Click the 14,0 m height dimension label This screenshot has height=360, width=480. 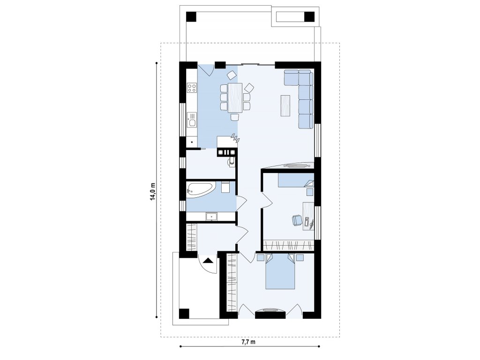pyautogui.click(x=152, y=191)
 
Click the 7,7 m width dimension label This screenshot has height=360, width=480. pyautogui.click(x=248, y=342)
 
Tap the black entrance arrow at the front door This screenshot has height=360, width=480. pyautogui.click(x=208, y=261)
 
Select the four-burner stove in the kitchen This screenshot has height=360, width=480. pyautogui.click(x=192, y=88)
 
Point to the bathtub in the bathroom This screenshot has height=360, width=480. pyautogui.click(x=202, y=189)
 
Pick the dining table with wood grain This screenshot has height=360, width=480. pyautogui.click(x=235, y=97)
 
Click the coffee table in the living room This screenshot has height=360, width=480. pyautogui.click(x=285, y=105)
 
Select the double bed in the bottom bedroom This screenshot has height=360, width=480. pyautogui.click(x=280, y=271)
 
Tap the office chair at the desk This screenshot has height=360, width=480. pyautogui.click(x=297, y=220)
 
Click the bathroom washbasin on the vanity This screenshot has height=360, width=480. pyautogui.click(x=211, y=217)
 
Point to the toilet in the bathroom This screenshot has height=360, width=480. pyautogui.click(x=225, y=187)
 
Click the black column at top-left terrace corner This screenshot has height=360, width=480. pyautogui.click(x=191, y=16)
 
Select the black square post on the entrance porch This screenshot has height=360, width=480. pyautogui.click(x=184, y=314)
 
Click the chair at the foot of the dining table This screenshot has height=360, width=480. pyautogui.click(x=235, y=117)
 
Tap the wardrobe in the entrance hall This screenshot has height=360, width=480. pyautogui.click(x=191, y=237)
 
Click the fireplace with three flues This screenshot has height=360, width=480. pyautogui.click(x=226, y=152)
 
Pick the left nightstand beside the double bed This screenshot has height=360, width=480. pyautogui.click(x=260, y=257)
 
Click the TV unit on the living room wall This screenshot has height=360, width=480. pyautogui.click(x=295, y=165)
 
